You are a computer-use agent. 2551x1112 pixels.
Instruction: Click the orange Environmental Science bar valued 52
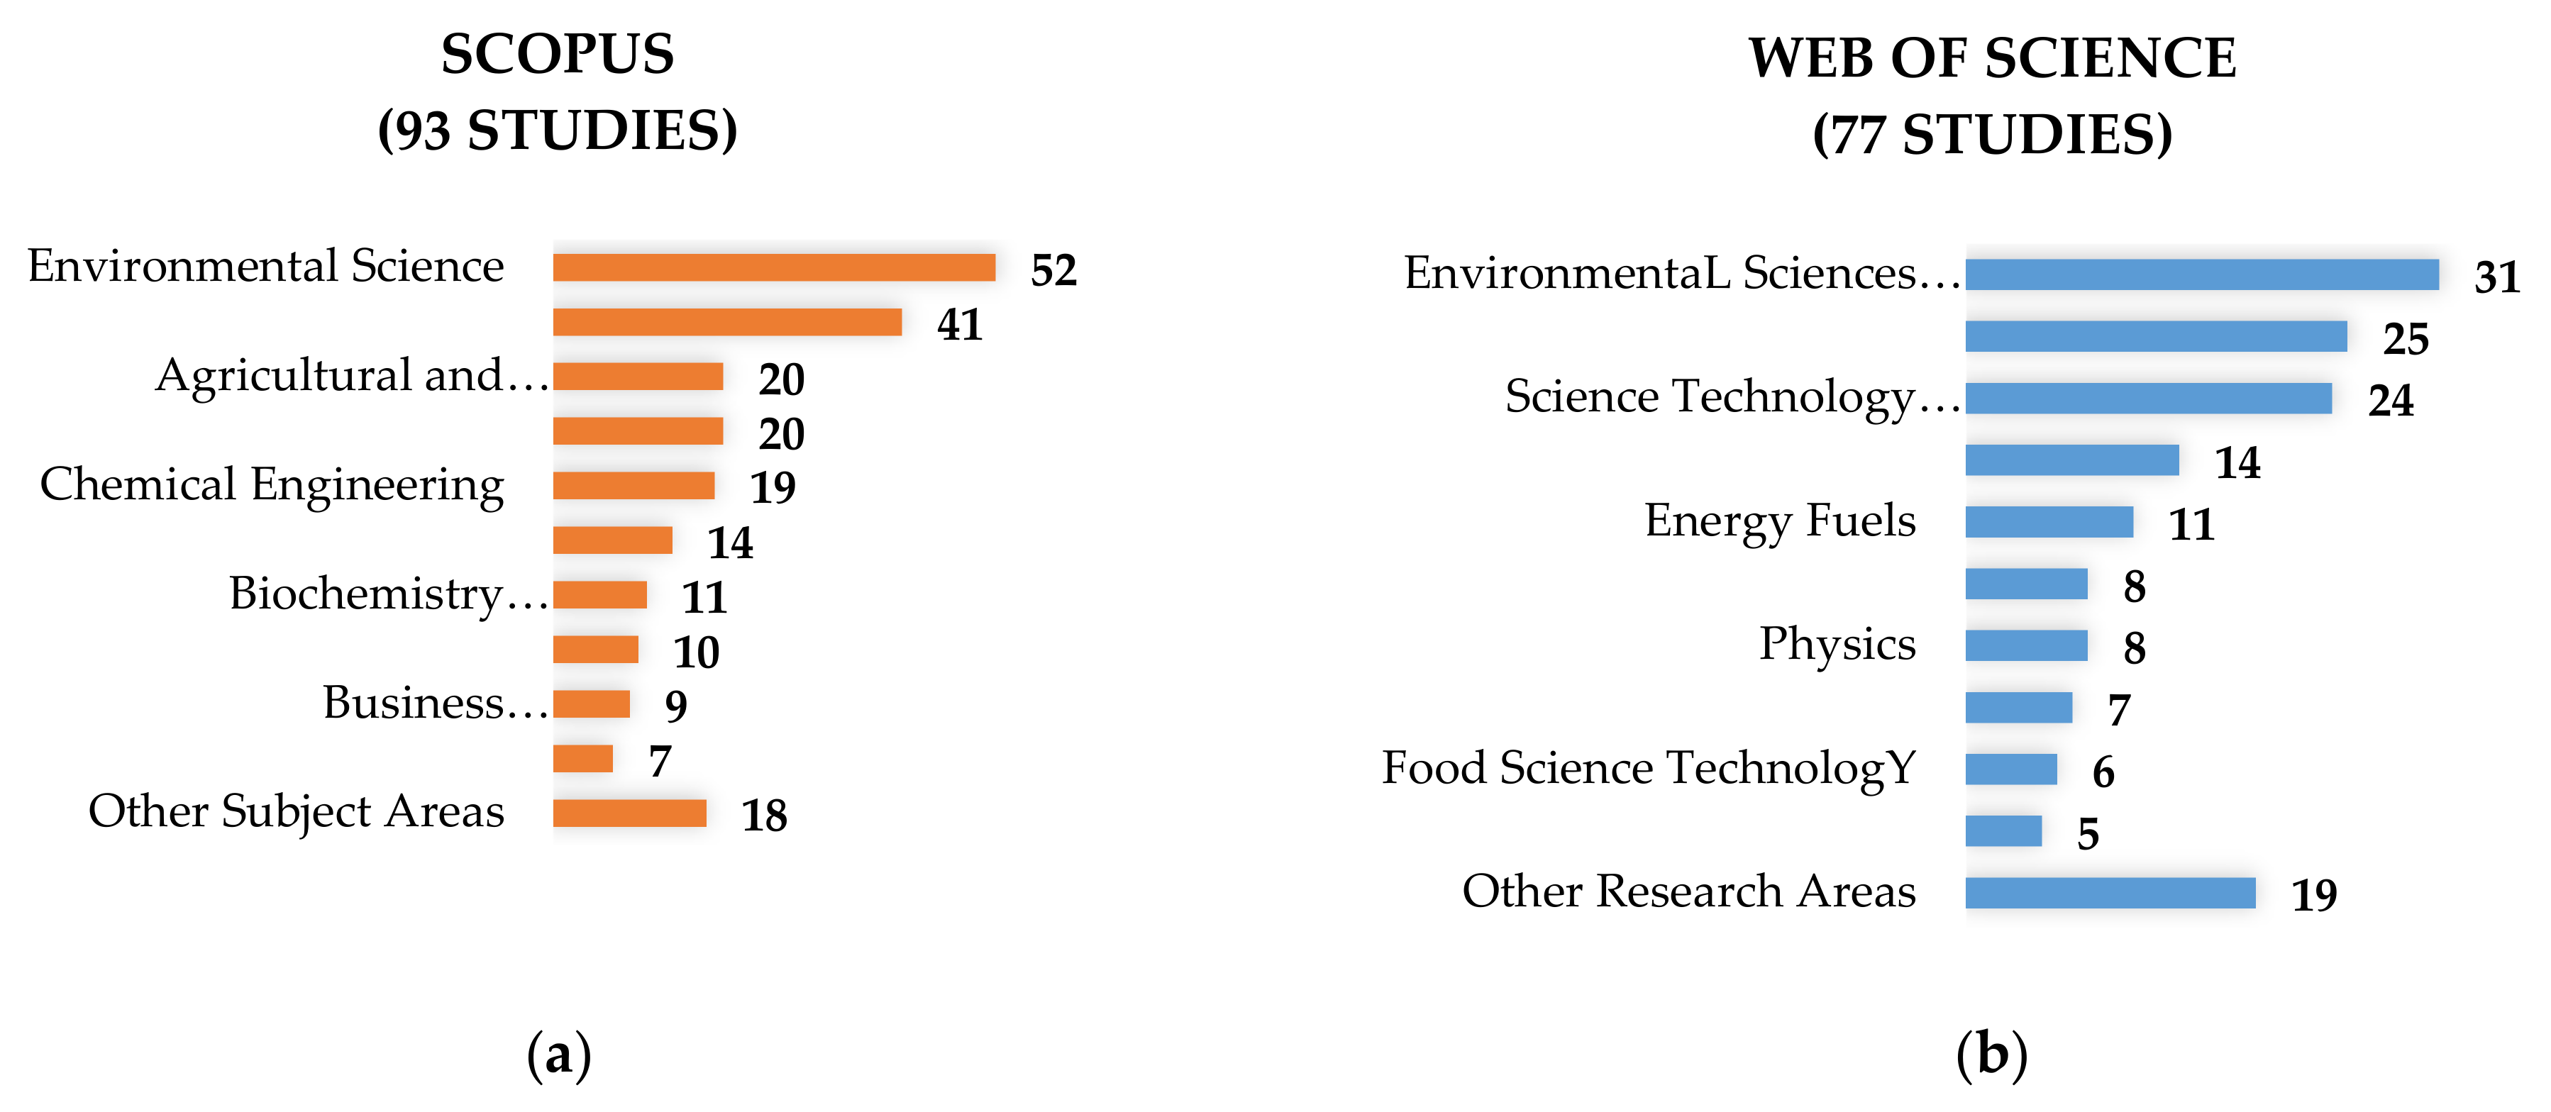773,267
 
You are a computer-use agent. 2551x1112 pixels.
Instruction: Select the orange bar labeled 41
727,322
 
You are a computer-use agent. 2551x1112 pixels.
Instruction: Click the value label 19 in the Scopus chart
773,487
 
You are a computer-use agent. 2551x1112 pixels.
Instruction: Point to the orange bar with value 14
612,540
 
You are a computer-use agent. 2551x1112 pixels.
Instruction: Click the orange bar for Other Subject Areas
629,813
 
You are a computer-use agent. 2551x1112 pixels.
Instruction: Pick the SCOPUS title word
558,55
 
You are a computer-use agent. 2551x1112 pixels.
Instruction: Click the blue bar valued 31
2201,274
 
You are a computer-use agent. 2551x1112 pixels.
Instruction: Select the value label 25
2406,339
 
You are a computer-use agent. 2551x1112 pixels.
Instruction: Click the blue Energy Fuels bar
2049,522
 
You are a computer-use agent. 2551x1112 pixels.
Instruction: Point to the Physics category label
1837,645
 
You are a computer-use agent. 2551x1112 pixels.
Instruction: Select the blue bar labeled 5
2003,830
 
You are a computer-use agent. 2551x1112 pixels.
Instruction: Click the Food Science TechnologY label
1649,768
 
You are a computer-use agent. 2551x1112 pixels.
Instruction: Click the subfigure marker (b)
1991,1055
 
